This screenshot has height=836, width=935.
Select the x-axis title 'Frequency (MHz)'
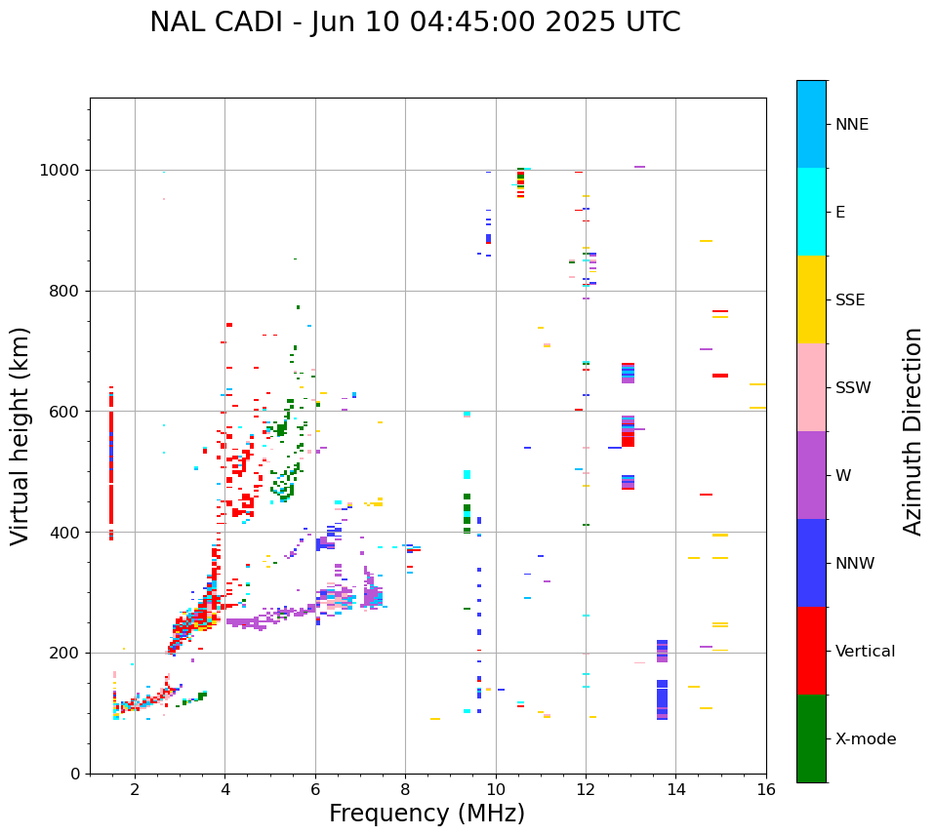tap(427, 814)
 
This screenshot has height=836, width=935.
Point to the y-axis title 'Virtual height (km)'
tap(20, 436)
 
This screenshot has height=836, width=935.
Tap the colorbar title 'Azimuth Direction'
tap(913, 431)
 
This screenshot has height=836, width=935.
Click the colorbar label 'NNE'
tap(851, 125)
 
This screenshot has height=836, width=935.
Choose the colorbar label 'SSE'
tap(849, 300)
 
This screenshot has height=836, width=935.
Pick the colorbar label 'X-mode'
tap(866, 739)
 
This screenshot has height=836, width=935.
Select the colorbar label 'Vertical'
tap(865, 652)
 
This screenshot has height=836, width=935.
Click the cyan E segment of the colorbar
tap(811, 212)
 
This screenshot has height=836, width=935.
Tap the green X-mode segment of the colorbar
tap(811, 738)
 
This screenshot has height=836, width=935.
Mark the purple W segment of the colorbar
tap(811, 475)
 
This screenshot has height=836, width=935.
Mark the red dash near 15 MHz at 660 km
tap(719, 376)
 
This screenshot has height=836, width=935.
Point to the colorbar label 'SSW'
tap(853, 388)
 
